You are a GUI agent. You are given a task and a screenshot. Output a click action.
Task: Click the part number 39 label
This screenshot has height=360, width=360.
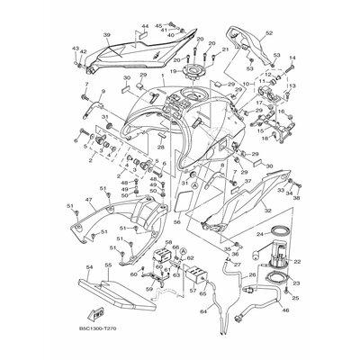(x=106, y=36)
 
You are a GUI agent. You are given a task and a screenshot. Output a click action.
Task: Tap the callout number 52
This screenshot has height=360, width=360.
(x=267, y=33)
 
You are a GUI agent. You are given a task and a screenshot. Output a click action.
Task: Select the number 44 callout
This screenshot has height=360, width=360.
(x=145, y=28)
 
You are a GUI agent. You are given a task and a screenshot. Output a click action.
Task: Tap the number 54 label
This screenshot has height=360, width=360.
(x=90, y=267)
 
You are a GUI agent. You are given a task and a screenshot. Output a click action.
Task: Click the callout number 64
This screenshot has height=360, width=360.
(x=203, y=310)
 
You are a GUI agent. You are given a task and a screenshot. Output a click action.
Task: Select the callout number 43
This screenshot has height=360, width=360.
(x=76, y=48)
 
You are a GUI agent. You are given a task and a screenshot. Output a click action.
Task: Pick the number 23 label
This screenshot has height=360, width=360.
(x=298, y=281)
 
